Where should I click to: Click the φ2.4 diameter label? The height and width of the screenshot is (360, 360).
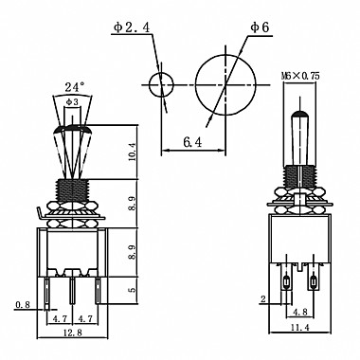pos(132,27)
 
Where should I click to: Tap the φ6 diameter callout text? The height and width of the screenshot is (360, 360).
pos(260,27)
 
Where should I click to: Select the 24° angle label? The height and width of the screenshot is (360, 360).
pos(75,86)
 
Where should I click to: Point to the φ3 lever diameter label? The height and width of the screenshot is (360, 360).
pos(72,101)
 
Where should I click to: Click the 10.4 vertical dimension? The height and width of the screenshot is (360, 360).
pos(132,152)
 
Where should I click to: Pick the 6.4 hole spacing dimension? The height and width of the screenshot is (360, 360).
pos(192,143)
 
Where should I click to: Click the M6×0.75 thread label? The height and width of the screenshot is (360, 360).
pos(300,76)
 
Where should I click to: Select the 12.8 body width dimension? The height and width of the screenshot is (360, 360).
pos(73,333)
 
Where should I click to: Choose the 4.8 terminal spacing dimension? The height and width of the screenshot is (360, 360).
pos(299,312)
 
